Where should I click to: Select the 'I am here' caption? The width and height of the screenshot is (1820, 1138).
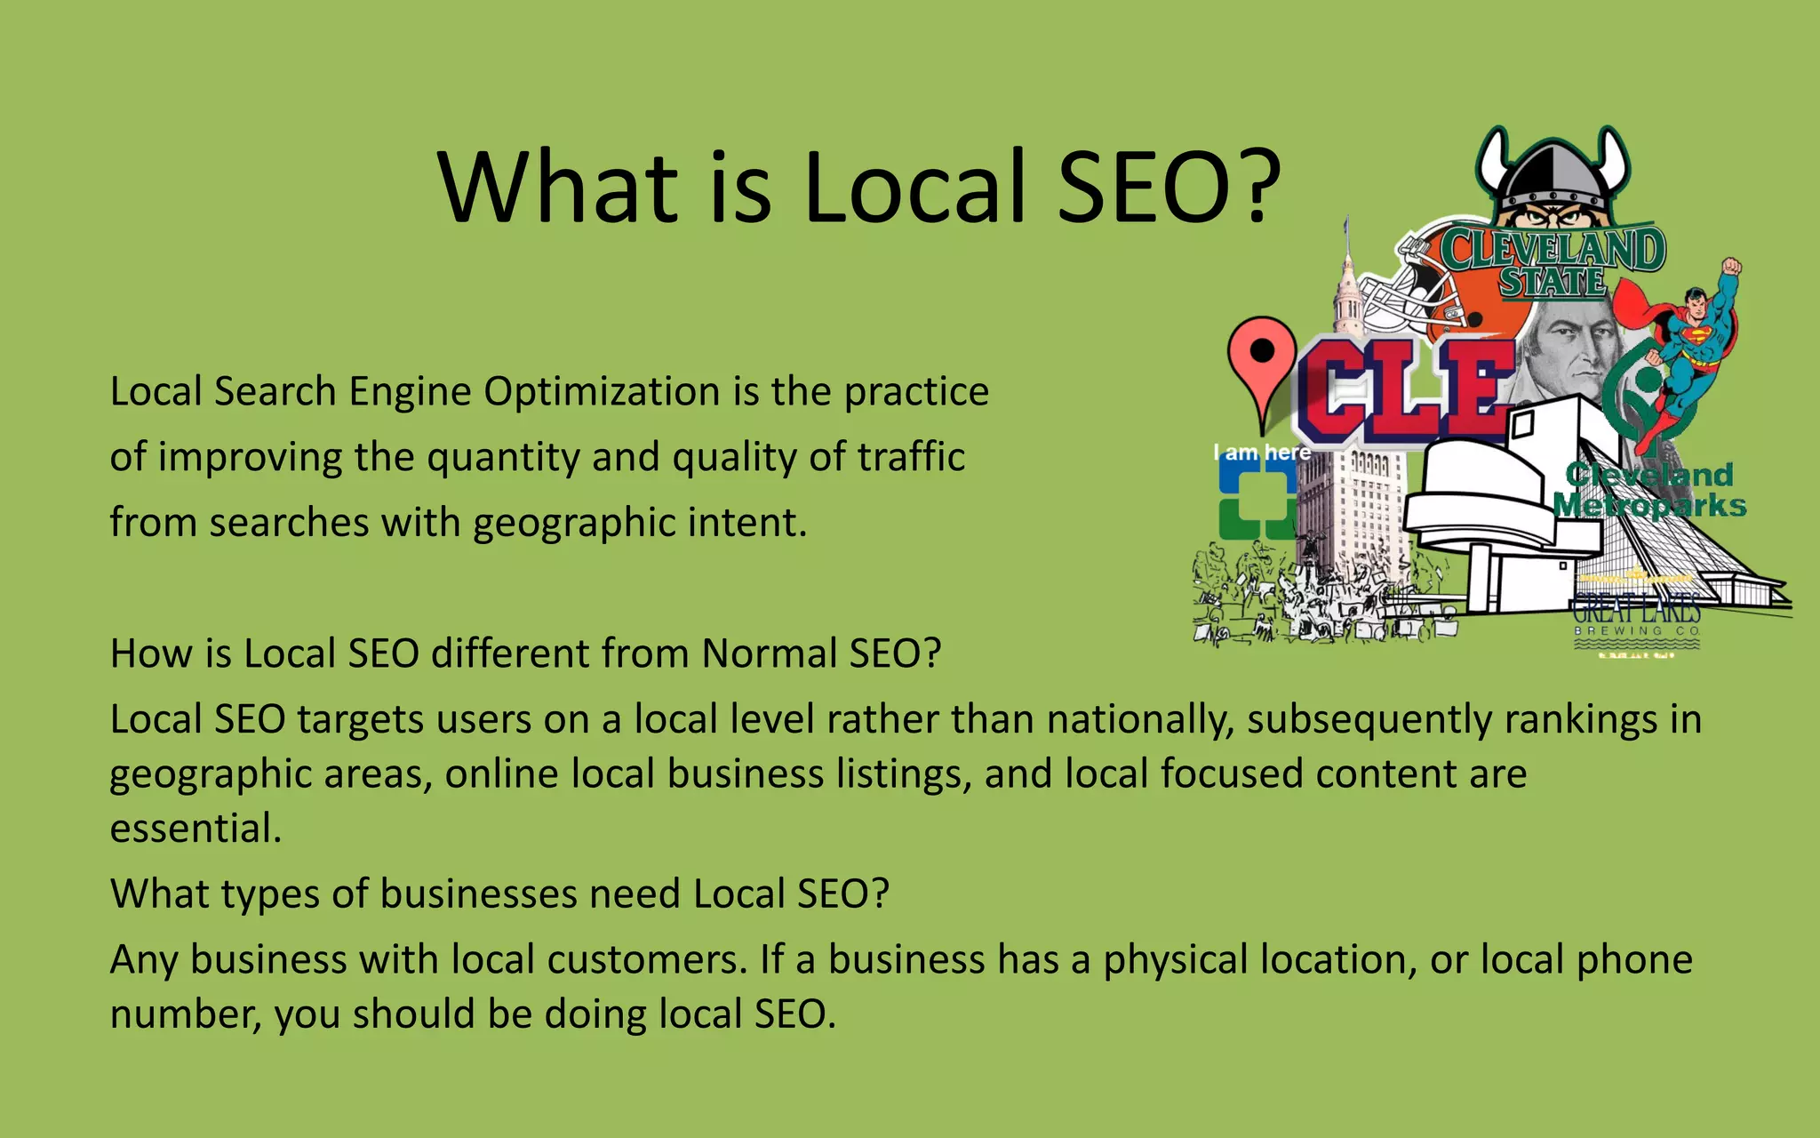point(1262,453)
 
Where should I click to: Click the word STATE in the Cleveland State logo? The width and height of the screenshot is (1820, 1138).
point(1553,282)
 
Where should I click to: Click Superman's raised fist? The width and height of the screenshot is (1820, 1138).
point(1730,267)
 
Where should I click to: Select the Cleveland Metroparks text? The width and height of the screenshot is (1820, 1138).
point(1649,490)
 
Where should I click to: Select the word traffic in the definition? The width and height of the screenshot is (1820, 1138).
point(911,457)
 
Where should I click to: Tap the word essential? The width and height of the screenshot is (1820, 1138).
point(196,829)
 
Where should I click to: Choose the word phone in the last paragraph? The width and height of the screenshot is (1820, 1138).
point(1634,960)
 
